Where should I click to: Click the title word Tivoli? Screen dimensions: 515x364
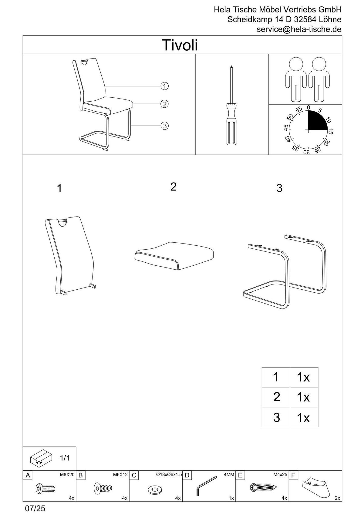180,45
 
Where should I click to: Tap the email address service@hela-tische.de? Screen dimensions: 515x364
299,29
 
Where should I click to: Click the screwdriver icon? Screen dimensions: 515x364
231,106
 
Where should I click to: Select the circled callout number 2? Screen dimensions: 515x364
164,104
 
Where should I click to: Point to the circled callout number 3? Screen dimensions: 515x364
164,126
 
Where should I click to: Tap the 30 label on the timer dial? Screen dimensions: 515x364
307,152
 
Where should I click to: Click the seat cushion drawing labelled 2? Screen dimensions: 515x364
174,255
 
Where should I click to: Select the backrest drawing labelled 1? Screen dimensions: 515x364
70,255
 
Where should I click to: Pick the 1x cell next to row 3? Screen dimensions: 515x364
304,418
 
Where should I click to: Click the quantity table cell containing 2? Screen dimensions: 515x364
276,397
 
